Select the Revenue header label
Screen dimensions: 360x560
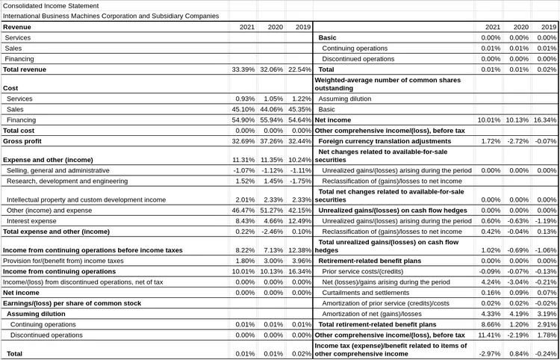pyautogui.click(x=17, y=27)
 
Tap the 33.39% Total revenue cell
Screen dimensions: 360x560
pyautogui.click(x=244, y=69)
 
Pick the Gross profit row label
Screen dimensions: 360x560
pyautogui.click(x=22, y=140)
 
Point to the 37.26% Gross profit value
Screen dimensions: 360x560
pyautogui.click(x=272, y=140)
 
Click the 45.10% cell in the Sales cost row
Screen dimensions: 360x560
pyautogui.click(x=244, y=109)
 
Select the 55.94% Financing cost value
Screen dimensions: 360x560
pyautogui.click(x=272, y=120)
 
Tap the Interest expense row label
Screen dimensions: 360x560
pyautogui.click(x=31, y=221)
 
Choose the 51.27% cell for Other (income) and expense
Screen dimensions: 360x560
pyautogui.click(x=272, y=211)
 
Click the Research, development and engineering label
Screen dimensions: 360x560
pyautogui.click(x=67, y=181)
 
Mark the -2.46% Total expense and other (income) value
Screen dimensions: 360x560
pyautogui.click(x=272, y=232)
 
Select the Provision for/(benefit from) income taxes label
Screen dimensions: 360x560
pyautogui.click(x=63, y=261)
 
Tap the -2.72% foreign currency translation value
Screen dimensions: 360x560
pyautogui.click(x=518, y=140)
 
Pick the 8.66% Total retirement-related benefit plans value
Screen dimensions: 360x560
pyautogui.click(x=491, y=325)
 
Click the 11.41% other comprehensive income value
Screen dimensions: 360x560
pyautogui.click(x=491, y=335)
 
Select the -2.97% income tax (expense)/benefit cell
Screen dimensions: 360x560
pyautogui.click(x=491, y=353)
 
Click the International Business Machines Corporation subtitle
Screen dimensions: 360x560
pyautogui.click(x=111, y=16)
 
